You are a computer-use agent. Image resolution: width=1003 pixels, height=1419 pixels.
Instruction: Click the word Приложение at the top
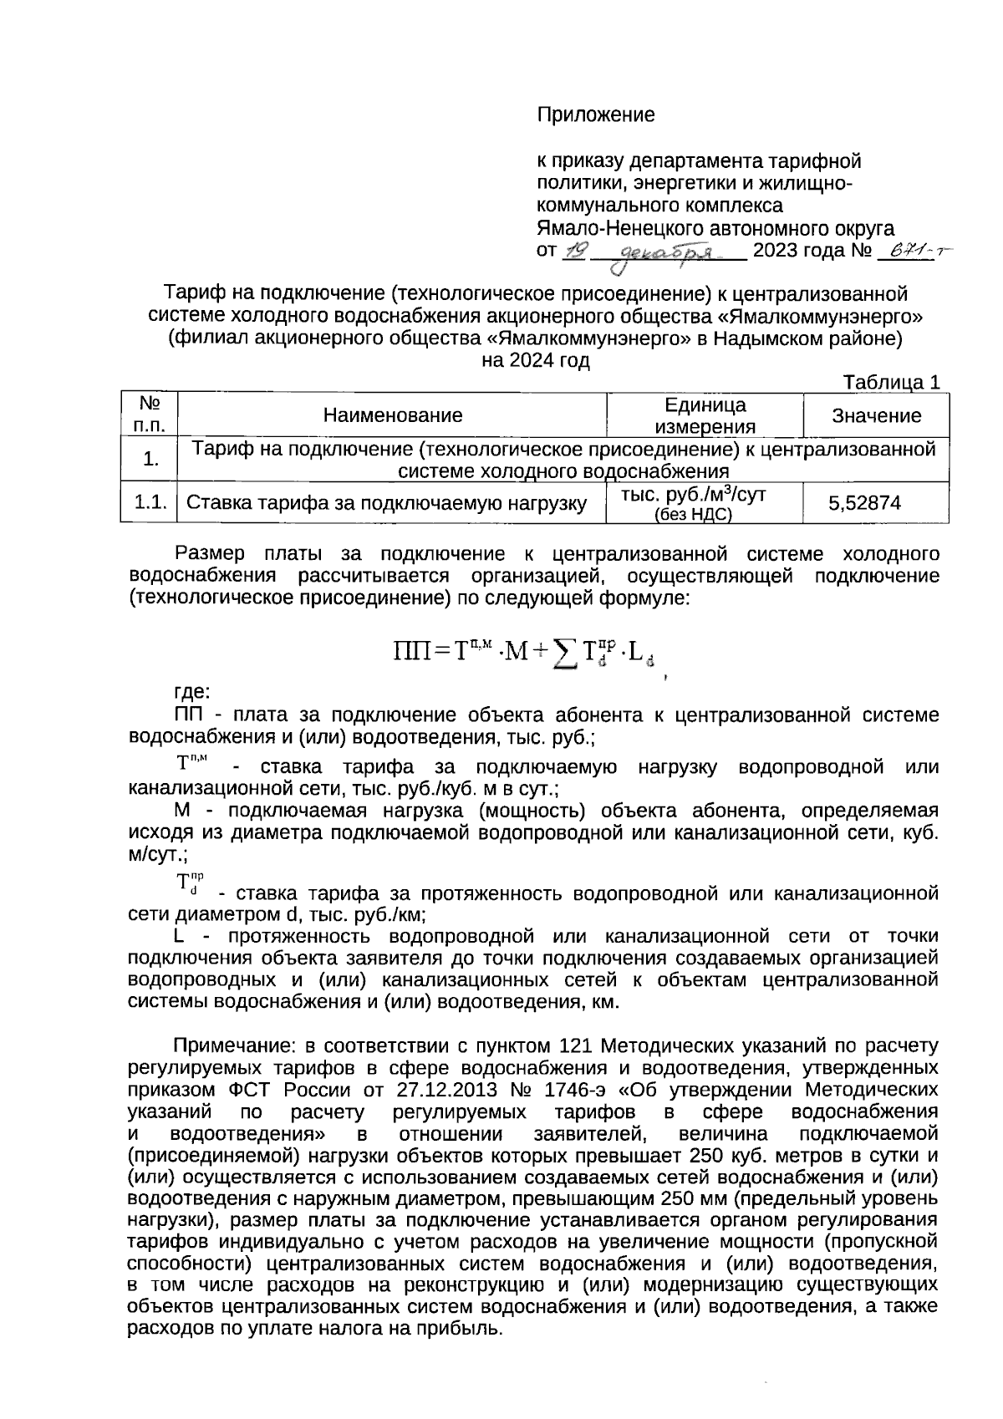(x=595, y=114)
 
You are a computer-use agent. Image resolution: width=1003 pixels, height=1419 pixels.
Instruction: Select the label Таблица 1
(x=893, y=383)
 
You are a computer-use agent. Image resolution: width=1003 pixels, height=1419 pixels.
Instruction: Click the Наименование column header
(x=393, y=415)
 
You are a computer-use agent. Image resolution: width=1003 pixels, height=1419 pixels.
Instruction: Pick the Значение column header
(x=876, y=415)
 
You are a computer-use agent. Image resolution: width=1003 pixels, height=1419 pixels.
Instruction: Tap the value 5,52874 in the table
(x=864, y=503)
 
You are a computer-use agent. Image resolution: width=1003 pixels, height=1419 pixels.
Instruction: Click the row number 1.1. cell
(x=150, y=502)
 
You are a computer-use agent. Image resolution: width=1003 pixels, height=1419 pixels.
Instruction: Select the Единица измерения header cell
(x=705, y=415)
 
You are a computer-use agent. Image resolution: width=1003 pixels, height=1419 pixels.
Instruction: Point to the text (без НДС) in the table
(x=693, y=514)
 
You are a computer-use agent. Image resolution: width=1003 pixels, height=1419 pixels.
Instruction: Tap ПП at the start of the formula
(x=410, y=650)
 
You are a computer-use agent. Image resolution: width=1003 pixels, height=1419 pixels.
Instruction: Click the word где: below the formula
(x=192, y=693)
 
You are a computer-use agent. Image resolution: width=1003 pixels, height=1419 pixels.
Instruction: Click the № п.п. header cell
(x=150, y=415)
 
